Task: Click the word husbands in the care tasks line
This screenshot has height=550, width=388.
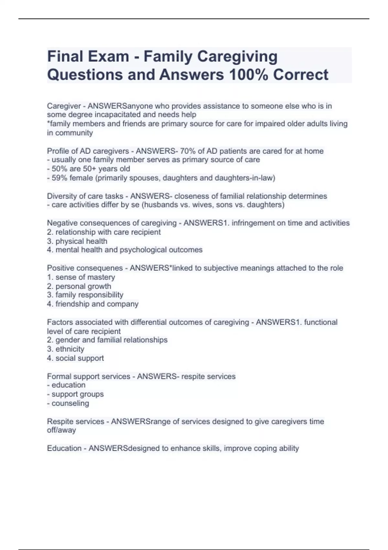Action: (x=165, y=205)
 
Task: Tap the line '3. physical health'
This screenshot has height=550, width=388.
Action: (x=77, y=241)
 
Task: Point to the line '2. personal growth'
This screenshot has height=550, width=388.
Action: (x=79, y=286)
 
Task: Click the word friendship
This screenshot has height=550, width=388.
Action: (x=72, y=304)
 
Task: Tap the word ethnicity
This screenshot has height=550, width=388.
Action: (x=70, y=349)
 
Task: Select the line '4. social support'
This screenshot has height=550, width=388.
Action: (x=75, y=358)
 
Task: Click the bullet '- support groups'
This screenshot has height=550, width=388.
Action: (x=75, y=394)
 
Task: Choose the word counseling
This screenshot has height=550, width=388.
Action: (x=70, y=403)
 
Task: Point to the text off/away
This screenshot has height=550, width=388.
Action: (x=61, y=430)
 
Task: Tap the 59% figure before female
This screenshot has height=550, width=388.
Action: (x=59, y=178)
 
